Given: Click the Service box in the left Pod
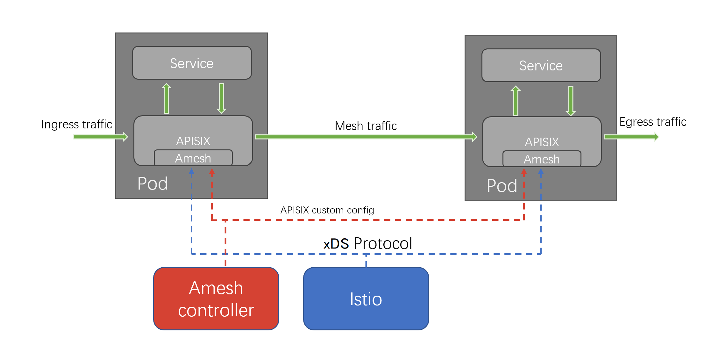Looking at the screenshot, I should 192,63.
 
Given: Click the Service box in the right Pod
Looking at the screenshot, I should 541,65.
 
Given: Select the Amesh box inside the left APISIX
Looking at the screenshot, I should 193,158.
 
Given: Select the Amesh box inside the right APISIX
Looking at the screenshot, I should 542,159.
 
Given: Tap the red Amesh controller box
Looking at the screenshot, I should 216,299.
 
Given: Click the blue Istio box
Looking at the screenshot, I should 366,299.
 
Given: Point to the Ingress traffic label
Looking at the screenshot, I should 76,124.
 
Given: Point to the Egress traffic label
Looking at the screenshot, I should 653,122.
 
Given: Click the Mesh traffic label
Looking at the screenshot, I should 366,126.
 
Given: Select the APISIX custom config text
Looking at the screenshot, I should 327,210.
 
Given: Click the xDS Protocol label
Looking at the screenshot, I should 367,243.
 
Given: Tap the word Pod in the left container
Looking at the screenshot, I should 153,184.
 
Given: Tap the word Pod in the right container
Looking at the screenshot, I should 502,186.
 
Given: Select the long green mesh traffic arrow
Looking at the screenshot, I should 366,137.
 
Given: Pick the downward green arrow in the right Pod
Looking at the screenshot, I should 571,101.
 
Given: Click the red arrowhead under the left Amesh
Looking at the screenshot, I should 212,172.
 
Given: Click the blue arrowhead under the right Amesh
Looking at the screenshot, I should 541,172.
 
